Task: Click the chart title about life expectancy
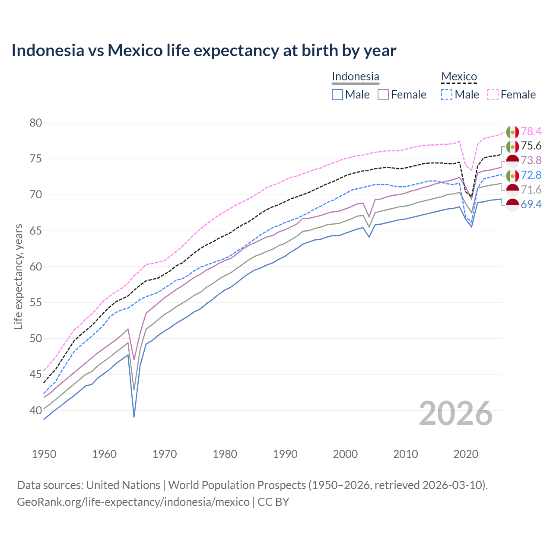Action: pyautogui.click(x=203, y=51)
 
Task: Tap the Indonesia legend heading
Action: pyautogui.click(x=355, y=76)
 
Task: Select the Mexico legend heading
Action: pyautogui.click(x=459, y=76)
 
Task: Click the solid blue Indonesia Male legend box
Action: pyautogui.click(x=337, y=95)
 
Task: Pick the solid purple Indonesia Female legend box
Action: pyautogui.click(x=383, y=95)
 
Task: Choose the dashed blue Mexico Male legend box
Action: pyautogui.click(x=447, y=95)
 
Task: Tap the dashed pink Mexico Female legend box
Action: pyautogui.click(x=493, y=95)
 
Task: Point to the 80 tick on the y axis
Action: pyautogui.click(x=35, y=123)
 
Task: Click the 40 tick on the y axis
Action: pyautogui.click(x=35, y=410)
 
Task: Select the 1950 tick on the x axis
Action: pyautogui.click(x=44, y=454)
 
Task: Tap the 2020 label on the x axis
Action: pyautogui.click(x=466, y=454)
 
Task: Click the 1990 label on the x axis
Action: pyautogui.click(x=285, y=454)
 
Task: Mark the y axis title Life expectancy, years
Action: pyautogui.click(x=18, y=276)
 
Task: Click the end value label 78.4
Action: pyautogui.click(x=531, y=131)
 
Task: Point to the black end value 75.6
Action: pyautogui.click(x=531, y=146)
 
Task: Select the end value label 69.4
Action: pyautogui.click(x=531, y=205)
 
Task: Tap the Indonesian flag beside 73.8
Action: pyautogui.click(x=512, y=161)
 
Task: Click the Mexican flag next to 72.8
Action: pyautogui.click(x=512, y=175)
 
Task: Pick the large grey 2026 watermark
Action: pyautogui.click(x=456, y=413)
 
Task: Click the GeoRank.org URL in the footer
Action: pyautogui.click(x=133, y=502)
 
